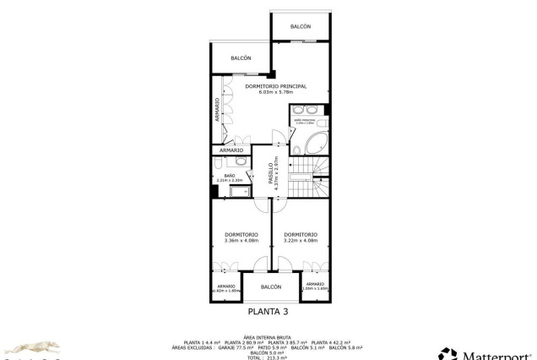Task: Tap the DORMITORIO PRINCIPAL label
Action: pos(275,86)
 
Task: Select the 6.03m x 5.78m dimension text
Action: pos(275,93)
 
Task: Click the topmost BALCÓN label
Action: pos(301,27)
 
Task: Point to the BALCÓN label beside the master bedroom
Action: pos(241,58)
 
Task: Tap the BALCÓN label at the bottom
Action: pos(270,287)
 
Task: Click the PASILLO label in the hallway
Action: pos(271,173)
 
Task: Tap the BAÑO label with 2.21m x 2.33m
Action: pos(230,176)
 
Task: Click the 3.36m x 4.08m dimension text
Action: pos(241,241)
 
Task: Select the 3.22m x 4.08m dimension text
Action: pos(301,241)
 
